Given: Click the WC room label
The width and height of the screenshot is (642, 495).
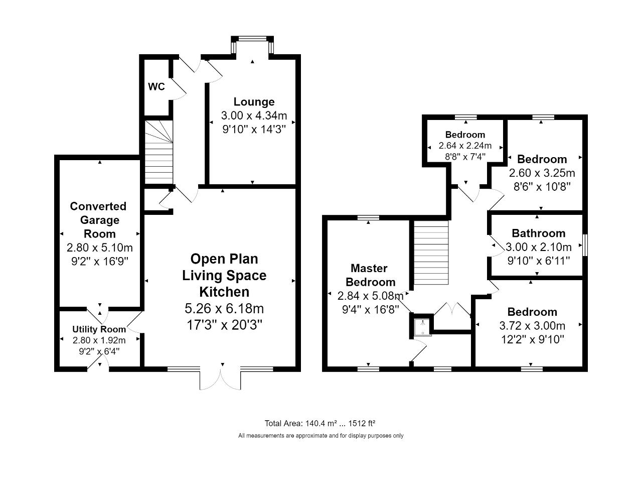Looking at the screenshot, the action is coord(156,87).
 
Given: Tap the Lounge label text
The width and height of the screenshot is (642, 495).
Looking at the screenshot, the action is coord(254,102).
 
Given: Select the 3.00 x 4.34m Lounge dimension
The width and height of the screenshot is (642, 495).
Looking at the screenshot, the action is coord(254,115).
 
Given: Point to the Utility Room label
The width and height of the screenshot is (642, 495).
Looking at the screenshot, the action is coord(99,329).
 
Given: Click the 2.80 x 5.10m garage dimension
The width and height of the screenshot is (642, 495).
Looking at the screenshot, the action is coord(100,247).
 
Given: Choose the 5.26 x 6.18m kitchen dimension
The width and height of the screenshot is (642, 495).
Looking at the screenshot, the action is coord(224,308).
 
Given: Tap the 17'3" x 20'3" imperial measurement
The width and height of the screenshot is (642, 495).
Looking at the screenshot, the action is coord(225,325).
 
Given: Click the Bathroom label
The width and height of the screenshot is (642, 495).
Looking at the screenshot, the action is coord(539,233).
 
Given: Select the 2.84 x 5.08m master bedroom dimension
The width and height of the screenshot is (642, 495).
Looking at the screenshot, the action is coord(371,296).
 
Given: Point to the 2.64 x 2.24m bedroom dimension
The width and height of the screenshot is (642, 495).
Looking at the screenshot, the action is coord(465,146).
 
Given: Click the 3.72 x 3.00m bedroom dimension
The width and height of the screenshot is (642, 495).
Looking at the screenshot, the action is coord(532,326).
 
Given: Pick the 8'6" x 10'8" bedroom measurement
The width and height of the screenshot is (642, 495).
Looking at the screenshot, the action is coord(542,187).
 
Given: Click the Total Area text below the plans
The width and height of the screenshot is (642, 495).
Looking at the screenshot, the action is coord(320,423).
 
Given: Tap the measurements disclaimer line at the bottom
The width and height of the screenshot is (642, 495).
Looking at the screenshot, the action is coord(321,436).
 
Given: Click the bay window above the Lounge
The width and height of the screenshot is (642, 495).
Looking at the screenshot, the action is coord(252,45).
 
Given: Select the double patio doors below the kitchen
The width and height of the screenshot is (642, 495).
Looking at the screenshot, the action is coord(220,379).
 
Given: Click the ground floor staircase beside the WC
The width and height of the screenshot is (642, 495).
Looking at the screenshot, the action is coord(158,152).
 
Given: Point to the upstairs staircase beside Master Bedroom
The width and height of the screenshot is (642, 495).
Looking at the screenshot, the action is coord(431,253).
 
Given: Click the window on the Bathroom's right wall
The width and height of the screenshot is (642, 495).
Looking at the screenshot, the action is coord(585,245).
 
